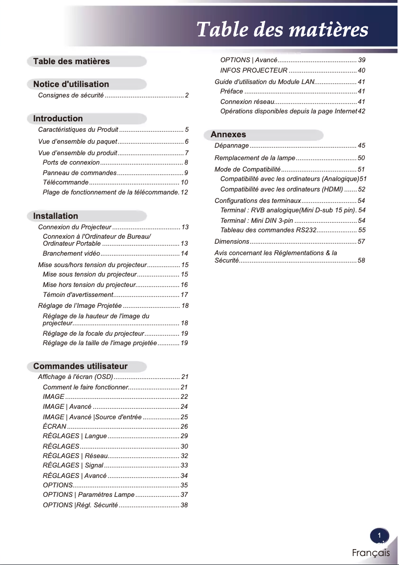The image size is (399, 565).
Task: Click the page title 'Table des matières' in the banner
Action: (x=282, y=30)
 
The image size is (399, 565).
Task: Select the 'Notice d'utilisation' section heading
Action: (x=71, y=84)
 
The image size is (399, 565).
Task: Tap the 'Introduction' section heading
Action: (x=58, y=118)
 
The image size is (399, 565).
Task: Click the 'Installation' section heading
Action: (x=56, y=216)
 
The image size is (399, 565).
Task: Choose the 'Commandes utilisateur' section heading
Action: (x=81, y=366)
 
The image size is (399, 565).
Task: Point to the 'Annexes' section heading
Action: (x=228, y=135)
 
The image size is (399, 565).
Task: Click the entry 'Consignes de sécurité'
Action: (x=71, y=95)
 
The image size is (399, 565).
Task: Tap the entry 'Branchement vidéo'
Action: (x=72, y=254)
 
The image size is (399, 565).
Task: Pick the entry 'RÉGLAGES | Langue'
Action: (x=75, y=436)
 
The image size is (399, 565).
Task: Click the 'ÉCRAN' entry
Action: (x=54, y=427)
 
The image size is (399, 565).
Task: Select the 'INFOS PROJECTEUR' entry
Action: (x=254, y=71)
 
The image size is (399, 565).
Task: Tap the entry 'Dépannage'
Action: (x=231, y=146)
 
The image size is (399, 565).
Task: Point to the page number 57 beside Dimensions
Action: (x=361, y=242)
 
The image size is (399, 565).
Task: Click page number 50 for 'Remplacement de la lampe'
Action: (x=361, y=158)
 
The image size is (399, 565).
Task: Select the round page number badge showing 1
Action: (x=379, y=536)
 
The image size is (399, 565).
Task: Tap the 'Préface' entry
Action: (x=231, y=92)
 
